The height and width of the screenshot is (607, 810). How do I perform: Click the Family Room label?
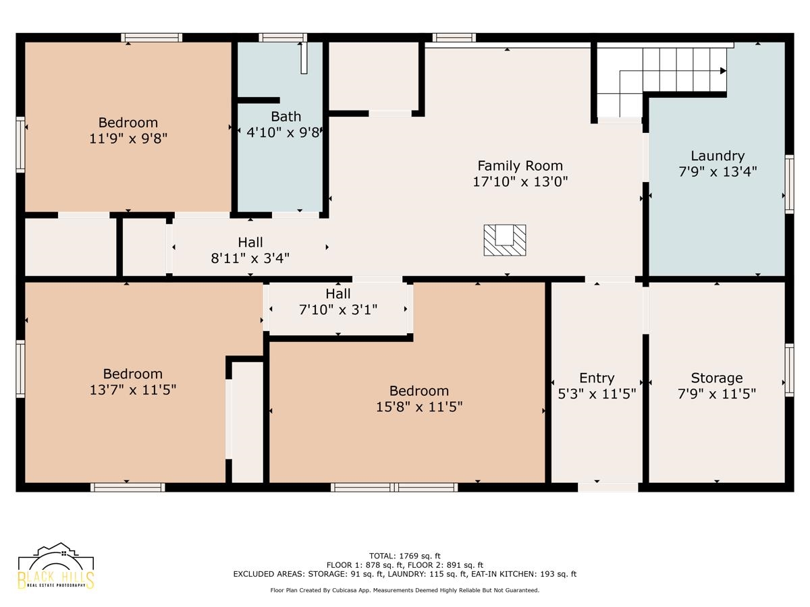520,166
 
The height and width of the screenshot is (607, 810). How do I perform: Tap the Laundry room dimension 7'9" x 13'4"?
718,172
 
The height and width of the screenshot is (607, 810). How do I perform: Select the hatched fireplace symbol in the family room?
505,240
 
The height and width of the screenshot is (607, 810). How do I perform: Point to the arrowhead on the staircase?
724,71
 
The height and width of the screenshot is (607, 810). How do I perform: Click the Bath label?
286,117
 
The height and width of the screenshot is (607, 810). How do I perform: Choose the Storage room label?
717,378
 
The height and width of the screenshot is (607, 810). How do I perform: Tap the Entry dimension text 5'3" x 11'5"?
597,395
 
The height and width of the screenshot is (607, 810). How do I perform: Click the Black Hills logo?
56,566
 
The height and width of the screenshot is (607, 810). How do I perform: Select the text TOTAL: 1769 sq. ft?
404,556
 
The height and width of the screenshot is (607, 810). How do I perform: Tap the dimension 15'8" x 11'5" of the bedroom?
419,407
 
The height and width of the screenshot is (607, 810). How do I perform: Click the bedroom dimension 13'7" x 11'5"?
133,390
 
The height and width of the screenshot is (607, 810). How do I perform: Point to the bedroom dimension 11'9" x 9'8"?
128,138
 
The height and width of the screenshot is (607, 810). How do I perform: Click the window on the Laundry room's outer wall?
789,184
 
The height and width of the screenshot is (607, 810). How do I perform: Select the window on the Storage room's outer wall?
789,370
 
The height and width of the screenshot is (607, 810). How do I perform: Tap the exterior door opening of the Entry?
607,487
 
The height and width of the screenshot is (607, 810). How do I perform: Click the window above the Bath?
283,38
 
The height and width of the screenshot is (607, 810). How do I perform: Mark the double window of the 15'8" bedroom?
394,487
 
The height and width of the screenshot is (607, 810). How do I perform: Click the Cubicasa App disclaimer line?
405,590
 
